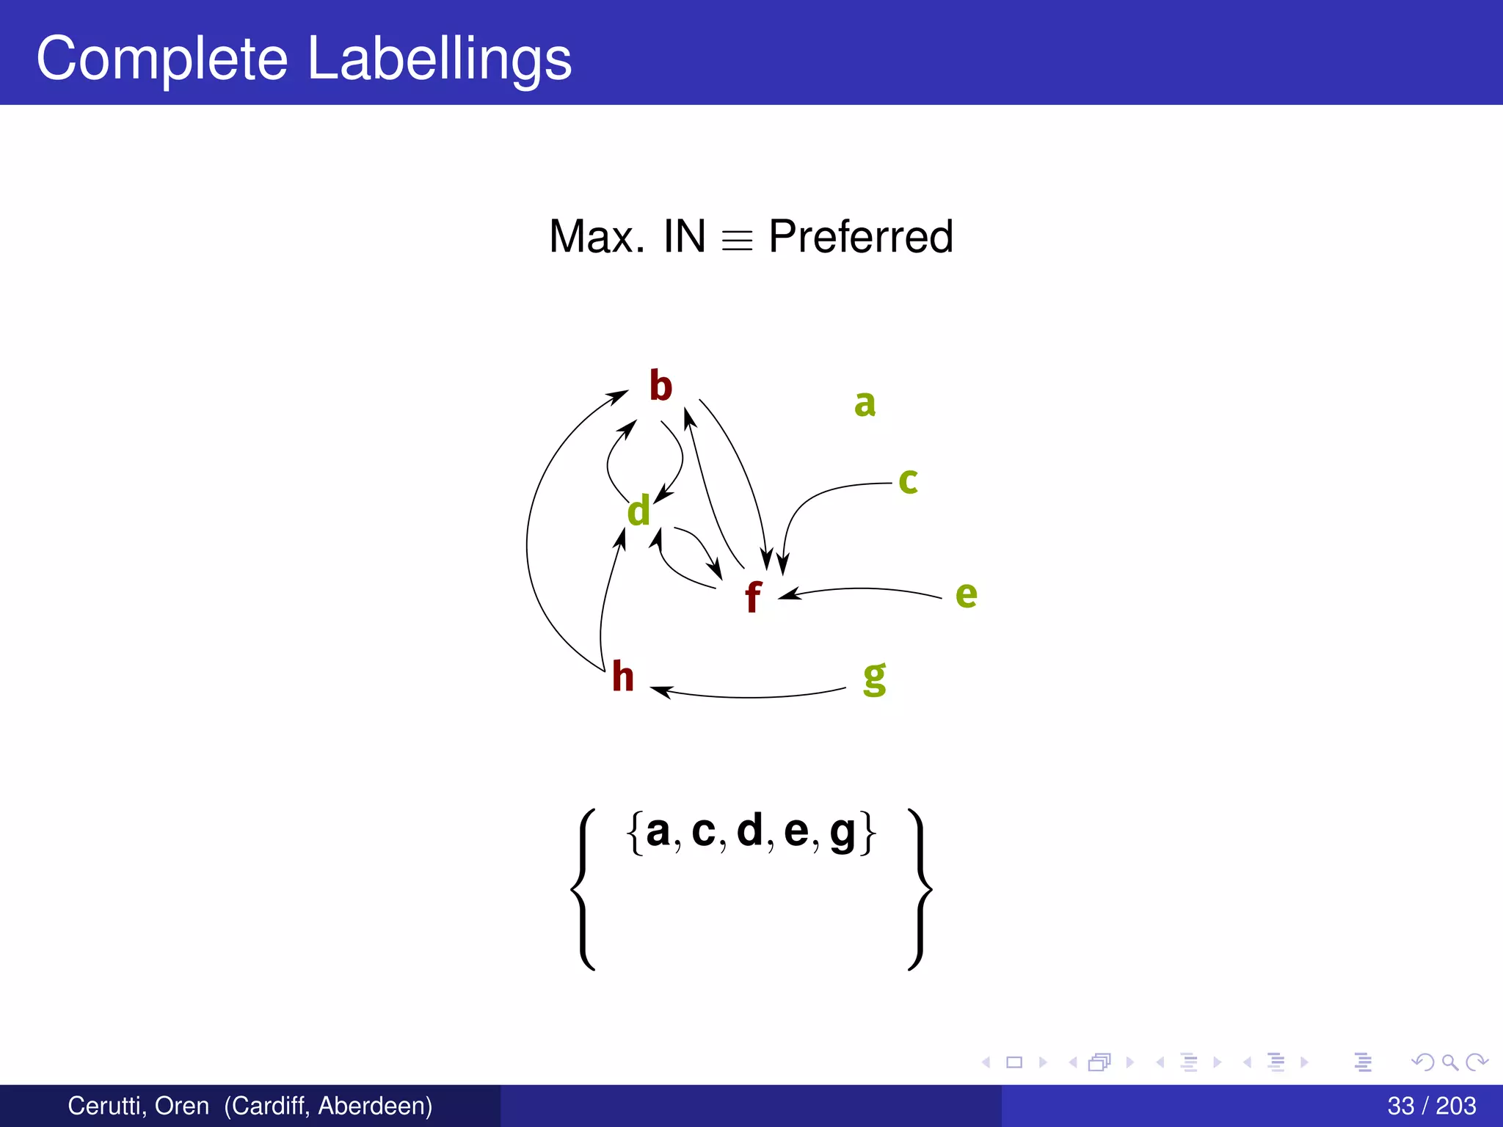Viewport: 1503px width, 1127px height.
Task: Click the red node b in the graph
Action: pyautogui.click(x=660, y=386)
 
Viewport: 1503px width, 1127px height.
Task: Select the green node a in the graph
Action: pyautogui.click(x=865, y=404)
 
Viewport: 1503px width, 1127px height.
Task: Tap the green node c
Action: pyautogui.click(x=908, y=481)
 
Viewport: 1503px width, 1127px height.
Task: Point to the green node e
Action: pyautogui.click(x=966, y=594)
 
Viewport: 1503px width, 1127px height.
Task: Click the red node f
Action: pyautogui.click(x=752, y=597)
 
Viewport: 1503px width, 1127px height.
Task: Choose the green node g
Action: pyautogui.click(x=874, y=678)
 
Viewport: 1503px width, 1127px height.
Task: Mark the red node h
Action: pyautogui.click(x=622, y=676)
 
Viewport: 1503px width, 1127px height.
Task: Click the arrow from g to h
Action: pyautogui.click(x=749, y=696)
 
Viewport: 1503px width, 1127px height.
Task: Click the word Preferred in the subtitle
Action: pyautogui.click(x=860, y=237)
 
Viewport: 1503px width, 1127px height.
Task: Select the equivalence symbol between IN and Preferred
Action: pyautogui.click(x=737, y=241)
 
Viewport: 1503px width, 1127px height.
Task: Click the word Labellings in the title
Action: pyautogui.click(x=439, y=59)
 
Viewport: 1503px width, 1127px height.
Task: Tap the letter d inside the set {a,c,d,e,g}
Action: pyautogui.click(x=749, y=831)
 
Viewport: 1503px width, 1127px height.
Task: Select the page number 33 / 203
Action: pyautogui.click(x=1431, y=1106)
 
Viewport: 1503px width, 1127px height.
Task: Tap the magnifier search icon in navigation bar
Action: pyautogui.click(x=1449, y=1062)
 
